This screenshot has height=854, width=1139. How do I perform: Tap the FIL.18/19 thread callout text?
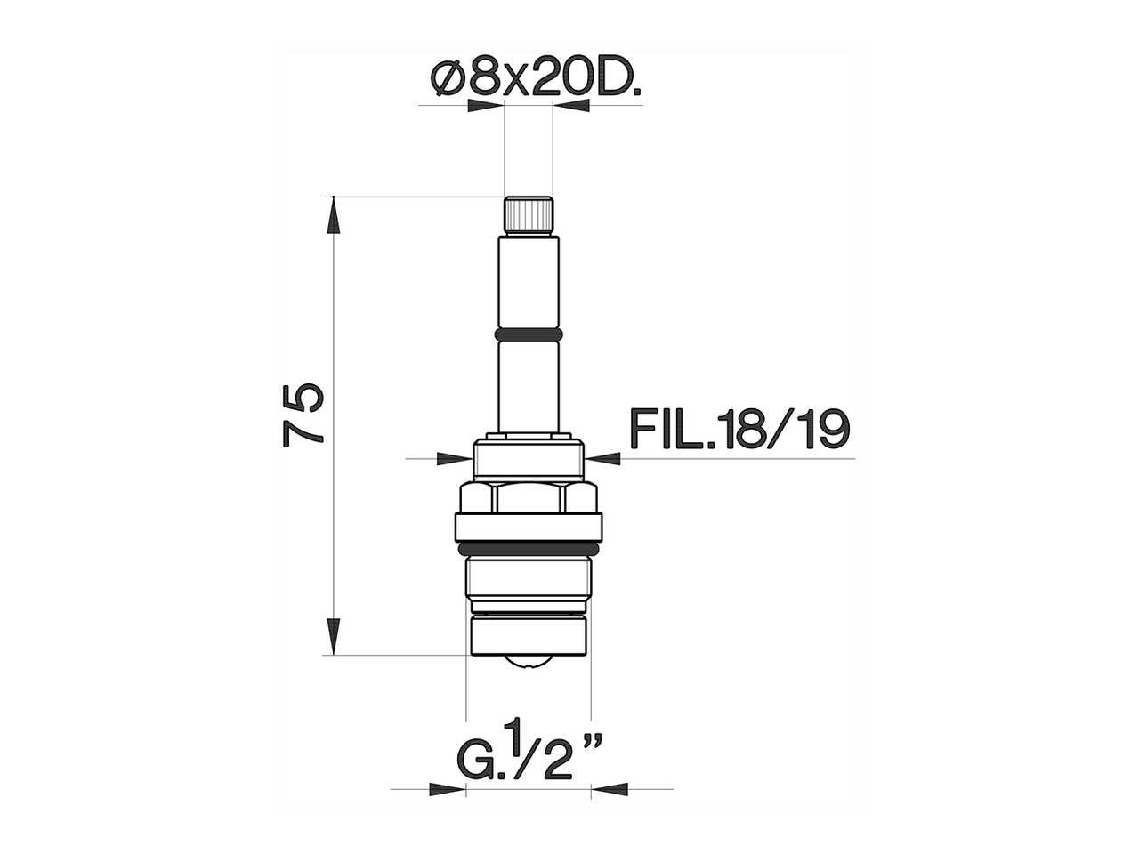(739, 431)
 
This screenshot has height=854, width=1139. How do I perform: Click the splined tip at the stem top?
(529, 215)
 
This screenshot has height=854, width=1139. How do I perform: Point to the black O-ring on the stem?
(529, 334)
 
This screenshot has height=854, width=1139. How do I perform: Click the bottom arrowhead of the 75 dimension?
(333, 637)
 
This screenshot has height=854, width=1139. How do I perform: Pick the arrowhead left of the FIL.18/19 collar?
(455, 458)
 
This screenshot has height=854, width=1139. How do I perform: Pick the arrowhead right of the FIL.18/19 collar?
(603, 458)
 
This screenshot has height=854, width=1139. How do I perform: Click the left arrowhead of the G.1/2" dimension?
(448, 788)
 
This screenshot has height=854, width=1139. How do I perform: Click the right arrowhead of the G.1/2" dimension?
(610, 788)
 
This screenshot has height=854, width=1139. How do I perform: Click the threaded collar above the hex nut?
(529, 459)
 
